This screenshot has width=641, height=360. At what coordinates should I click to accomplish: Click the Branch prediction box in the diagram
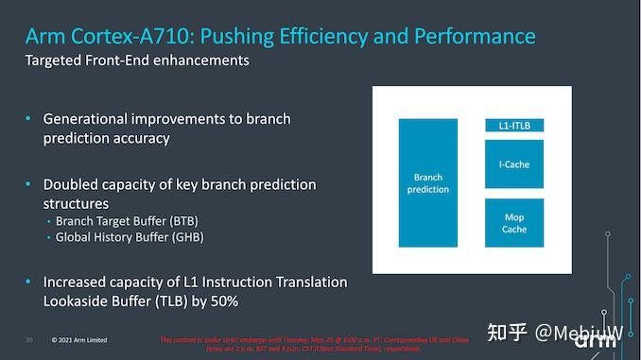[428, 183]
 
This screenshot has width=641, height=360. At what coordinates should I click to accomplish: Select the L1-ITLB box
[513, 125]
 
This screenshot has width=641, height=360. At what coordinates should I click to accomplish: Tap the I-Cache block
[513, 164]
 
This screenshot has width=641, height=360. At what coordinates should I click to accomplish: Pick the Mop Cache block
[513, 223]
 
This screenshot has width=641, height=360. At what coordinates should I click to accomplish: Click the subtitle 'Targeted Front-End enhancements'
[137, 60]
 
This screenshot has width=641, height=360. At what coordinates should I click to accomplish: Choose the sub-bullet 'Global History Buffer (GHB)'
[130, 237]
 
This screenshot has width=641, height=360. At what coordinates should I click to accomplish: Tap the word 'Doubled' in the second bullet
[73, 184]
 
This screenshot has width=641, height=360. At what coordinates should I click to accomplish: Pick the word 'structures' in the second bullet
[76, 203]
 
